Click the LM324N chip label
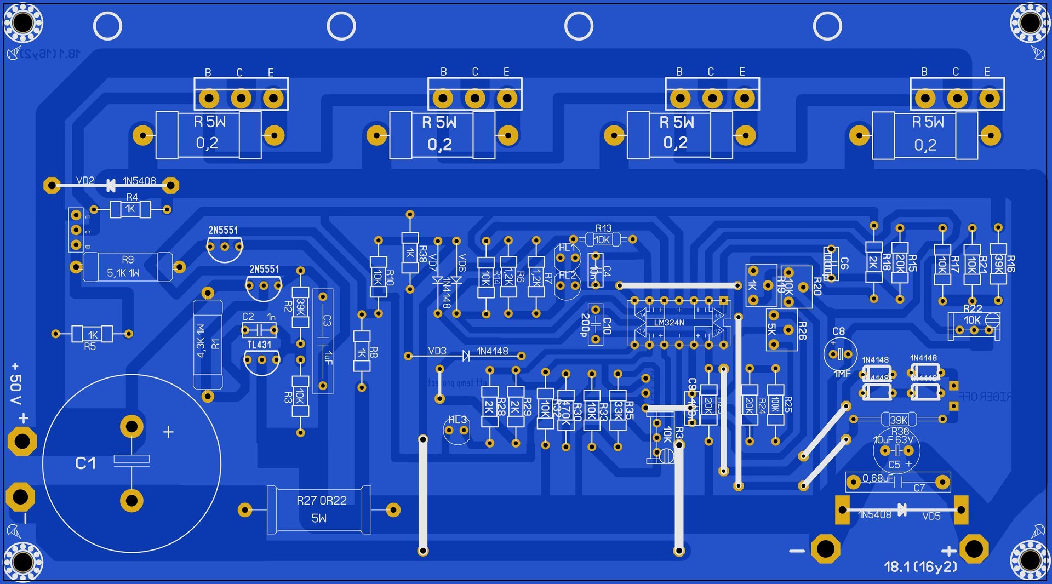[x=668, y=323]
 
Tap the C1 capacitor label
[x=85, y=463]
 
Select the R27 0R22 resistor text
[x=322, y=500]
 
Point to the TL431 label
[x=259, y=345]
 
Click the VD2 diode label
[x=85, y=180]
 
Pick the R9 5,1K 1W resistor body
[x=127, y=267]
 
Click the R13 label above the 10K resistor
[x=603, y=228]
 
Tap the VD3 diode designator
[x=437, y=351]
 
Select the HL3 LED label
[x=458, y=420]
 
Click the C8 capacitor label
[x=838, y=331]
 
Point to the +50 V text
[x=16, y=383]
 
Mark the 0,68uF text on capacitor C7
[x=878, y=478]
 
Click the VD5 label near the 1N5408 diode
[x=931, y=516]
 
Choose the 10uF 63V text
[x=893, y=440]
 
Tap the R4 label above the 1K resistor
[x=132, y=197]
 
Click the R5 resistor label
[x=90, y=346]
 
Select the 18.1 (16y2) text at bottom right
[x=921, y=566]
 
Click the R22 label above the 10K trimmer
[x=973, y=308]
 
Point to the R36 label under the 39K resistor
[x=900, y=431]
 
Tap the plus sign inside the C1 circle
[x=168, y=432]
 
